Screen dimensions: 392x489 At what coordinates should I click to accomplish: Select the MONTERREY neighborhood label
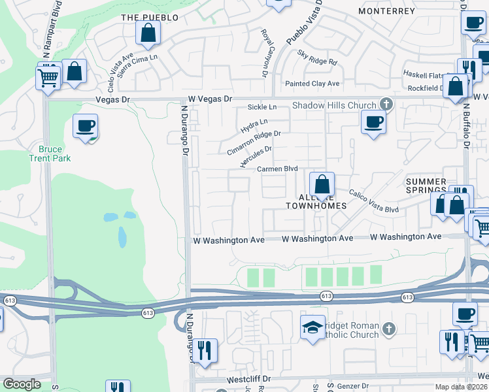pos(386,12)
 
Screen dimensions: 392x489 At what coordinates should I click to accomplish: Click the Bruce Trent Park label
pos(50,154)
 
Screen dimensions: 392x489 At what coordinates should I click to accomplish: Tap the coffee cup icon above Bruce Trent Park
pos(85,125)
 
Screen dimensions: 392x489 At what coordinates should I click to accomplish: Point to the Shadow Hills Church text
pos(334,105)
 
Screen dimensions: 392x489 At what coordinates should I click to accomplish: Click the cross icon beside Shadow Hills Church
pos(386,105)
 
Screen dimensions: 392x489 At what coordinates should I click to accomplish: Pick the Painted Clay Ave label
pos(312,84)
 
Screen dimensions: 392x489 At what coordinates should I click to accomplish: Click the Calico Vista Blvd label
pos(373,201)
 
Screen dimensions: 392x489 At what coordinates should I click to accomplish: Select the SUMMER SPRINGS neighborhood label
pos(426,186)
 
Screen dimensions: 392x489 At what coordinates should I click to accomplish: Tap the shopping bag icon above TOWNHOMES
pos(322,185)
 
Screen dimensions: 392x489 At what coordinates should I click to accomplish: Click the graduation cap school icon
pos(312,327)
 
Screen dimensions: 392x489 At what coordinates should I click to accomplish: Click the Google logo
pos(22,384)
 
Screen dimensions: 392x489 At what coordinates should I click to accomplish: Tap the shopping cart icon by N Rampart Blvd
pos(48,78)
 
